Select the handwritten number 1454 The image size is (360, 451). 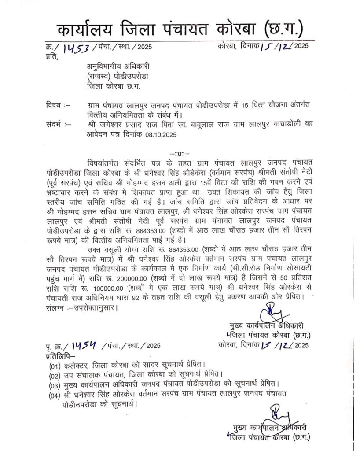pyautogui.click(x=76, y=344)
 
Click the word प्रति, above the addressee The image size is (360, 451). pyautogui.click(x=51, y=56)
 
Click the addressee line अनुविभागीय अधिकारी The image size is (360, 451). pyautogui.click(x=118, y=66)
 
